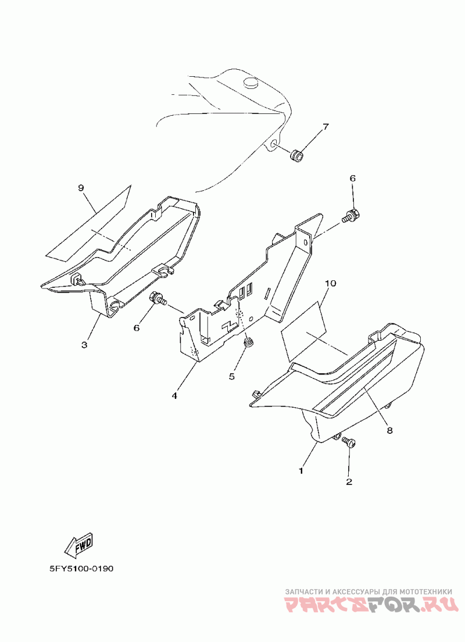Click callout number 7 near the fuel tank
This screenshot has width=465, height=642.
pos(325,127)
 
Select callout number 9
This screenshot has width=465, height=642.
pos(81,187)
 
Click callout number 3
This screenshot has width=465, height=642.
pos(84,345)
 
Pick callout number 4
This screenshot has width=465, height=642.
pos(174,395)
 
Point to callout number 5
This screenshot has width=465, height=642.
pos(231,376)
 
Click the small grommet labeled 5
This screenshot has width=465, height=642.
pos(249,343)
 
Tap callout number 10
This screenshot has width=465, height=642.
pos(331,283)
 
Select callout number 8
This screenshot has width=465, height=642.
pos(389,430)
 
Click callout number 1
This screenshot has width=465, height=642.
pos(301,470)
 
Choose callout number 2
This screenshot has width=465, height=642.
pos(349,481)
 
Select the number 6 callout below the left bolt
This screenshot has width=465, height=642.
pos(137,328)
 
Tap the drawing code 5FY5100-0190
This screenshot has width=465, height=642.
pos(81,568)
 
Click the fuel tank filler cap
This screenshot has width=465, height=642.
pos(251,83)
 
